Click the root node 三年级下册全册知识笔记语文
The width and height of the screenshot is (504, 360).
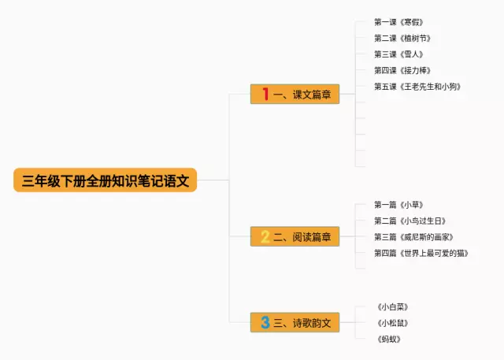[x=105, y=180]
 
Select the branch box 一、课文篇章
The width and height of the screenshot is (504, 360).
[x=295, y=95]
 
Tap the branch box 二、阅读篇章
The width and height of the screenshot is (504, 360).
[x=295, y=236]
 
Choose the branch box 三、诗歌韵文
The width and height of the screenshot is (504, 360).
[x=295, y=322]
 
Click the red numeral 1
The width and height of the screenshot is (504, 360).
[x=265, y=95]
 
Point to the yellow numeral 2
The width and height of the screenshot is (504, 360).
[x=265, y=236]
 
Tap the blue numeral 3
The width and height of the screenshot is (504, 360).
[x=265, y=322]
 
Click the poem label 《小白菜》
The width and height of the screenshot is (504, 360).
[x=394, y=306]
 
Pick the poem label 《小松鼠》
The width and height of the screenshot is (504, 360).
[x=394, y=323]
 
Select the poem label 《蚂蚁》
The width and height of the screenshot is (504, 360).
[x=390, y=339]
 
